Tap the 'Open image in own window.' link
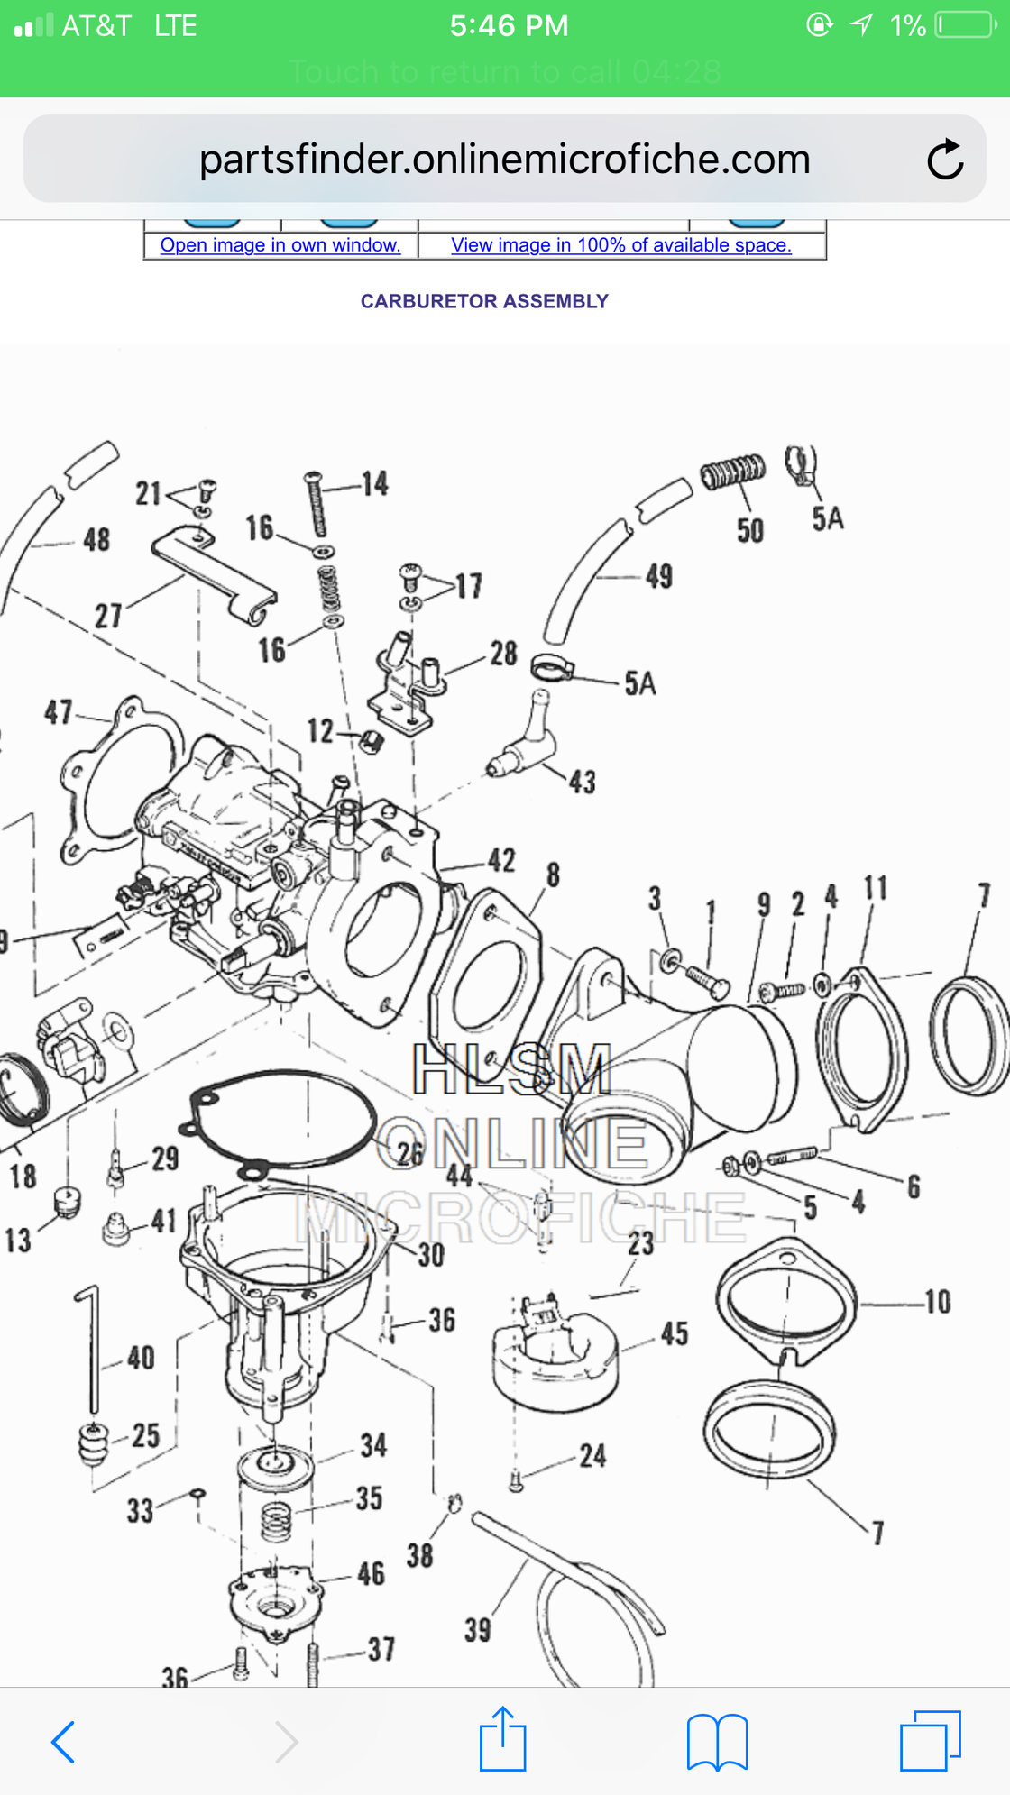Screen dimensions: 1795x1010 click(280, 245)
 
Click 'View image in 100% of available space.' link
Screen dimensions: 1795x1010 click(621, 245)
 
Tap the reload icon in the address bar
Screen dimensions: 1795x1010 click(945, 160)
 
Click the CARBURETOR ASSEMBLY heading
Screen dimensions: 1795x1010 click(484, 301)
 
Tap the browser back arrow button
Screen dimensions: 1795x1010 click(63, 1741)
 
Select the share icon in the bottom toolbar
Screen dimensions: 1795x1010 click(502, 1739)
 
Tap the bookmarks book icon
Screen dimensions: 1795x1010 click(717, 1741)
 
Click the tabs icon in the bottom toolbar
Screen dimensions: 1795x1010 click(930, 1741)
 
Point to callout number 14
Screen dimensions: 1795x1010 click(375, 484)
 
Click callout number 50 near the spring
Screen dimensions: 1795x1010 click(750, 530)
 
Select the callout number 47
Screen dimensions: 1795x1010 click(59, 712)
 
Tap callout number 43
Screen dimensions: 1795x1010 click(583, 782)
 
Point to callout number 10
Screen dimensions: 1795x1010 click(938, 1302)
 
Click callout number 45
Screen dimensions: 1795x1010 click(675, 1333)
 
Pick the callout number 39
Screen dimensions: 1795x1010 click(478, 1629)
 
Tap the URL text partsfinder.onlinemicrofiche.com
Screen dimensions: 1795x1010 click(504, 160)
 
